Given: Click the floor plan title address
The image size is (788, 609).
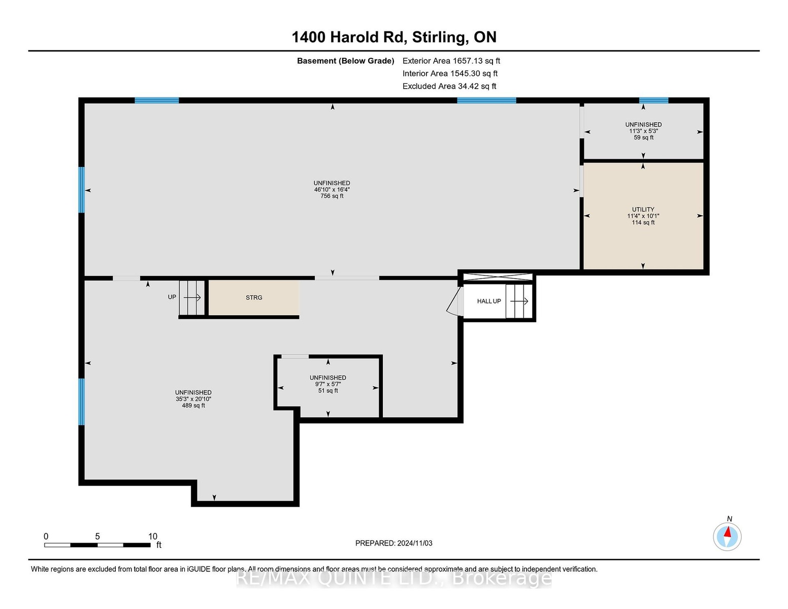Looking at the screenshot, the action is (394, 37).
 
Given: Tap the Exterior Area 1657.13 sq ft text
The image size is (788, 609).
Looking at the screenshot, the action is (451, 61).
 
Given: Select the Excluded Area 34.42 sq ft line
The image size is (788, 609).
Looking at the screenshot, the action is (449, 86).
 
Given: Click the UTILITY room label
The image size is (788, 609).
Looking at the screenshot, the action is (643, 210).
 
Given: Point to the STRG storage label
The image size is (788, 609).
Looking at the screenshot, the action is (254, 297).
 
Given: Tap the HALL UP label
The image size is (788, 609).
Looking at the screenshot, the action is (489, 301).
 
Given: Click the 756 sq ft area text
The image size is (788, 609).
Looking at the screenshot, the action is (332, 196).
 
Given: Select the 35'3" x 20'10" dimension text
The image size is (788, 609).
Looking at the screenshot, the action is (193, 399).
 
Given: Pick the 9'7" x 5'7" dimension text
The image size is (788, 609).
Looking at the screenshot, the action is (328, 384).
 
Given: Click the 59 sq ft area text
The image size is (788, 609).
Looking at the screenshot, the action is (643, 138).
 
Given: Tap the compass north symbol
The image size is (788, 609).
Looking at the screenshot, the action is (727, 536).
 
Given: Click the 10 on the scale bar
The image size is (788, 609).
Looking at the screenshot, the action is (153, 536).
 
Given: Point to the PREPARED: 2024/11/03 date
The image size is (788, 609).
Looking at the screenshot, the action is (394, 543).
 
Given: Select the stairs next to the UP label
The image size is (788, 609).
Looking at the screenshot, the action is (192, 297).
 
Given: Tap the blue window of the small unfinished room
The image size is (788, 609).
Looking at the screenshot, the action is (653, 100).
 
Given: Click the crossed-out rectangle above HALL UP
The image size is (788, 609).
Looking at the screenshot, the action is (498, 277).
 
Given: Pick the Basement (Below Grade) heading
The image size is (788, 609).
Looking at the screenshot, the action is (345, 61).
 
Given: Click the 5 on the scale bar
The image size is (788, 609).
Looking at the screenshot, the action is (97, 536).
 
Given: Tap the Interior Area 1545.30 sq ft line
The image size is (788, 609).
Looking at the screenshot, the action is (450, 74).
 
